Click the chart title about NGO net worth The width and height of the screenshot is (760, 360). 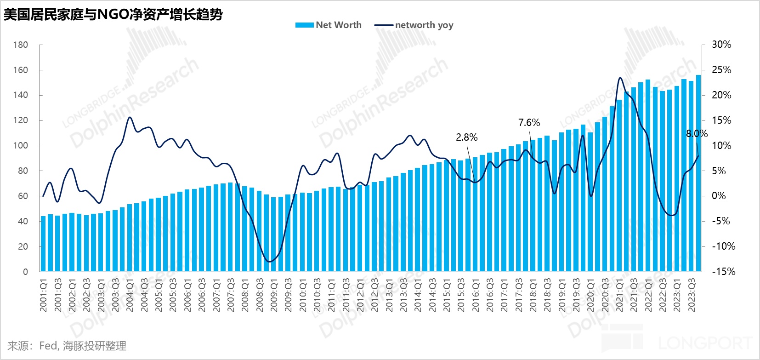point(113,14)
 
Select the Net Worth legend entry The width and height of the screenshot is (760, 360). point(329,25)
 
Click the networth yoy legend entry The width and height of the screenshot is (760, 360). point(414,25)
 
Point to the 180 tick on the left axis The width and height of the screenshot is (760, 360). point(21,45)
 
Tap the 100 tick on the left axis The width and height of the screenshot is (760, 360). point(21,146)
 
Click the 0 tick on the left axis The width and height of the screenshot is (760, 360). point(26,272)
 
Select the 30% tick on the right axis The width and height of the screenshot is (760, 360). point(721,45)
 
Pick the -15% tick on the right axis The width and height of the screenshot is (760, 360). point(723,272)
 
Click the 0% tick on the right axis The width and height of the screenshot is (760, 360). point(719,196)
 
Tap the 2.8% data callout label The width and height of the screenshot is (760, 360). point(466,137)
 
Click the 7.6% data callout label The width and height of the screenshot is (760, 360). point(529,123)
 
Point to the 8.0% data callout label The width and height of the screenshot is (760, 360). point(697,134)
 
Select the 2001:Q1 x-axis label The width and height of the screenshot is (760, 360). point(44,295)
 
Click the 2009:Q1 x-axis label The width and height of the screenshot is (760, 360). point(274,295)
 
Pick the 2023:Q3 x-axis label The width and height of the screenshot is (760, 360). point(691,295)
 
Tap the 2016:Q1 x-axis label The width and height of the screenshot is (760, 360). point(475,295)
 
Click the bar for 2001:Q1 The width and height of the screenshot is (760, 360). point(43,244)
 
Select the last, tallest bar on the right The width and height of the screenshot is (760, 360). point(698,173)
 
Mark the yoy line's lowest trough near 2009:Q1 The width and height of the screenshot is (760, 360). point(269,262)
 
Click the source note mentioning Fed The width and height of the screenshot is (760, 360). point(67,346)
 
